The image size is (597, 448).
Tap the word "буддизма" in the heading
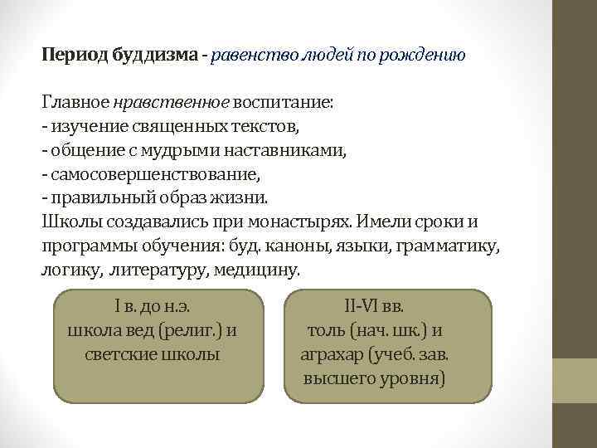154,56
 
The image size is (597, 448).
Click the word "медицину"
259,271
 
